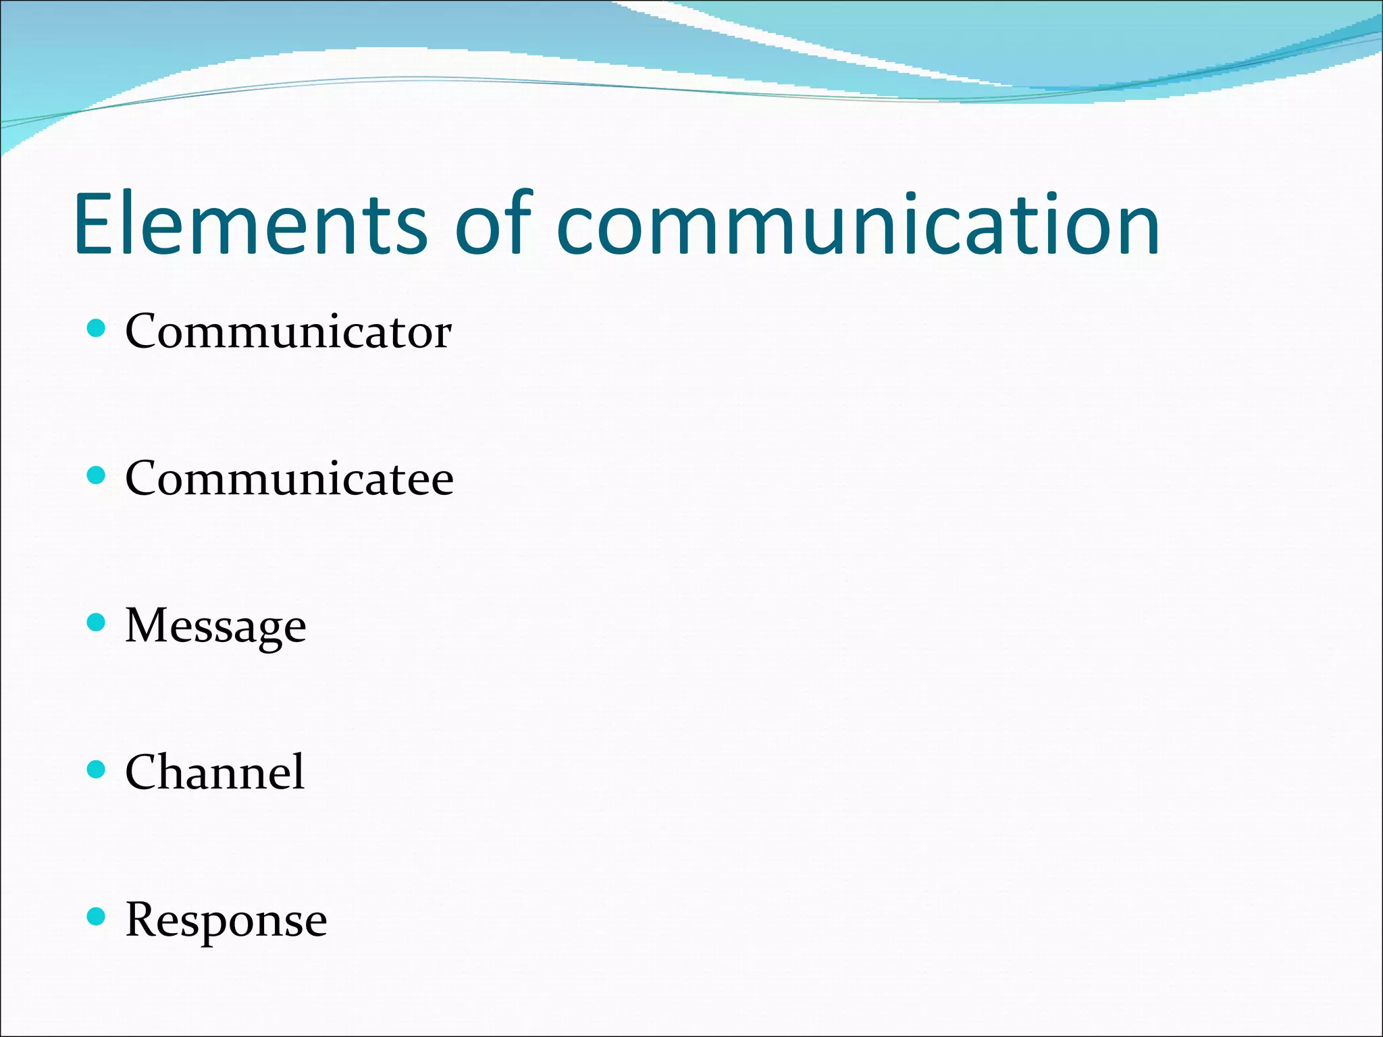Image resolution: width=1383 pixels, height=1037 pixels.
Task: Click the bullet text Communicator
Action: (288, 331)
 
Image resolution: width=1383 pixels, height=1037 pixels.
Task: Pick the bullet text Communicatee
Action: (289, 478)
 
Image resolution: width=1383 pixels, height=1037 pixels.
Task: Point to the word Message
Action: (215, 626)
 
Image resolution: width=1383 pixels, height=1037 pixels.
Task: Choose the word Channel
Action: (215, 772)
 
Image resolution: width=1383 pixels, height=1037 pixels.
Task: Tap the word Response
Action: (226, 920)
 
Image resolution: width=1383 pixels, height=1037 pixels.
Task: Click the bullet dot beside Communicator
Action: (97, 329)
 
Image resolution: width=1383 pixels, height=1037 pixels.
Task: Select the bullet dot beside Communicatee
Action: (97, 475)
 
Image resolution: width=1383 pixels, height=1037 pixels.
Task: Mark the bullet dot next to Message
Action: (97, 622)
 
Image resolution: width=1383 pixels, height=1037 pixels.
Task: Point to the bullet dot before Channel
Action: (97, 769)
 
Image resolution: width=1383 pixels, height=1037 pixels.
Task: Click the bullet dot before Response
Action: (97, 916)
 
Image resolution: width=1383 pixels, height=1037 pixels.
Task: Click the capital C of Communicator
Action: (143, 331)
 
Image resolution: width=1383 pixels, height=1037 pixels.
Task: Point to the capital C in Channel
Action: (143, 772)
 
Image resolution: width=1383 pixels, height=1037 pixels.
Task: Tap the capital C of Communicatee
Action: (143, 478)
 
